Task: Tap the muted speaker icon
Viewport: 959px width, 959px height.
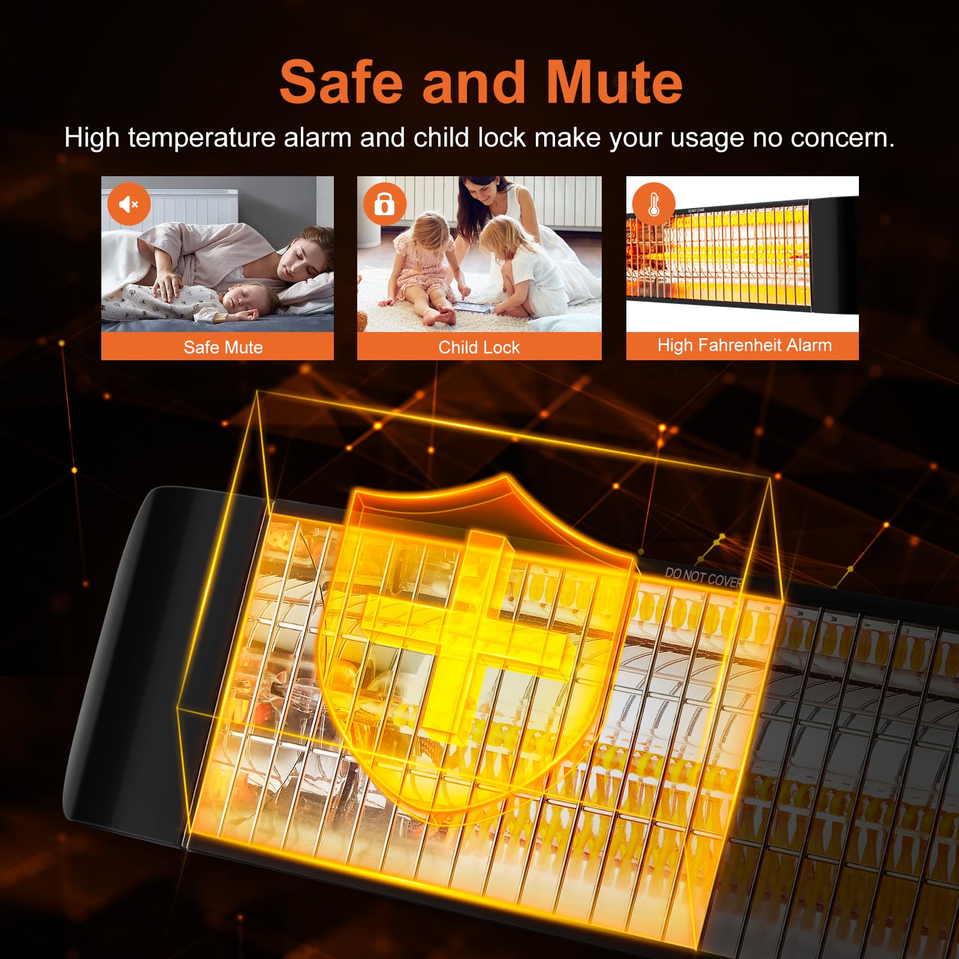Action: click(x=129, y=204)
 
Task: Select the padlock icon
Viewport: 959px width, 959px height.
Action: click(x=384, y=204)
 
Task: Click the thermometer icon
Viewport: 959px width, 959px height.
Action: click(x=653, y=204)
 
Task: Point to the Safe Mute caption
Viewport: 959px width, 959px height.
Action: click(x=223, y=347)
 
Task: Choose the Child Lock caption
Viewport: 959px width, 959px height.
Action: click(x=479, y=347)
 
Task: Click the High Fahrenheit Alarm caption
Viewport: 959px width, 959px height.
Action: click(x=744, y=345)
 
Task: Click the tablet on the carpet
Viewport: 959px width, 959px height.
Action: click(x=474, y=307)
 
